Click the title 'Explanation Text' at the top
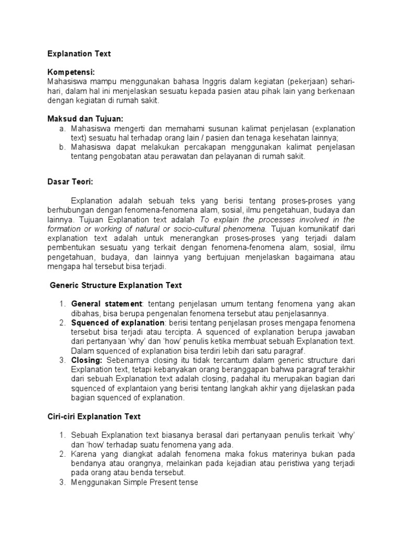coord(79,53)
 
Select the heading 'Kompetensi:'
coord(71,72)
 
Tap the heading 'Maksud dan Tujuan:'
coord(86,119)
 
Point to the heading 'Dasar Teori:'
coord(70,181)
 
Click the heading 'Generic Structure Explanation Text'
coord(115,285)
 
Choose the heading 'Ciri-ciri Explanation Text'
coord(94,417)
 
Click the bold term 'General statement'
coord(107,304)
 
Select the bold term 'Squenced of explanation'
coord(118,323)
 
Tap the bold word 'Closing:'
coord(87,360)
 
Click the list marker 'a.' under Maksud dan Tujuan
coord(61,128)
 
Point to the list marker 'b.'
coord(61,147)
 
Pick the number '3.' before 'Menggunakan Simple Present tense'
coord(61,482)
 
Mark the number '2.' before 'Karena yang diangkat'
coord(61,454)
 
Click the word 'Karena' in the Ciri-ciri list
coord(83,454)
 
